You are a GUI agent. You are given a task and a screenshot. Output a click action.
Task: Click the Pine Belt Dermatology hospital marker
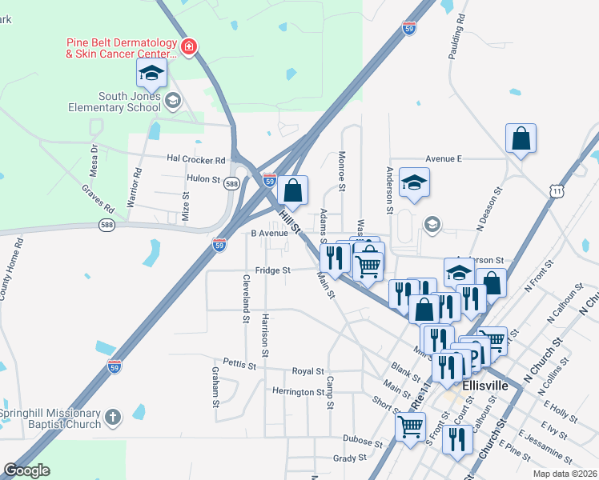[x=189, y=47]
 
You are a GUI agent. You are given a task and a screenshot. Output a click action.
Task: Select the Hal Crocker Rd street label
[x=196, y=159]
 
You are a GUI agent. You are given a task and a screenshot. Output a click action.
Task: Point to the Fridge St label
[x=272, y=270]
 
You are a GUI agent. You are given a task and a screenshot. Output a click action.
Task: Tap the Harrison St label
[x=264, y=330]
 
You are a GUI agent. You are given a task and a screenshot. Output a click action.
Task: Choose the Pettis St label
[x=239, y=365]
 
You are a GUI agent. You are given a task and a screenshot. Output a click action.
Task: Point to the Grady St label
[x=349, y=458]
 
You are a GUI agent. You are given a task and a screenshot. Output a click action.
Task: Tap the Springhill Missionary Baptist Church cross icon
[x=113, y=418]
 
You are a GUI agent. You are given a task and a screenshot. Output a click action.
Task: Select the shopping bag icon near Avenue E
[x=521, y=138]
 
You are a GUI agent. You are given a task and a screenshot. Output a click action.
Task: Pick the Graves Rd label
[x=98, y=199]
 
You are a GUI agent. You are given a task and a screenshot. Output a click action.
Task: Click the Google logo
[x=26, y=470]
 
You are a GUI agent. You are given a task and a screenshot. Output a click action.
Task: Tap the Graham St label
[x=215, y=387]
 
